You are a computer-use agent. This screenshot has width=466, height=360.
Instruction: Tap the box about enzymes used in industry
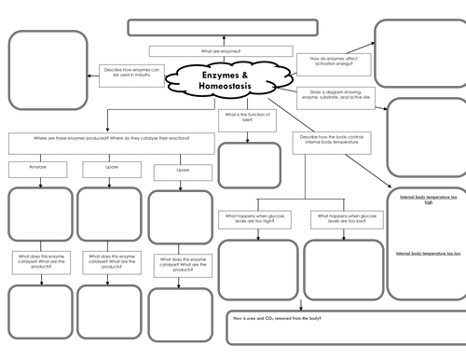point(132,73)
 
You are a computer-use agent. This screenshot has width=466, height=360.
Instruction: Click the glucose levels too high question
point(256,218)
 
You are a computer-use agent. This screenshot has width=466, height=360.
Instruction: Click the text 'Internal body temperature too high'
point(427,201)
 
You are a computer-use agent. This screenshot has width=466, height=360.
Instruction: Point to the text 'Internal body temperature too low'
point(427,254)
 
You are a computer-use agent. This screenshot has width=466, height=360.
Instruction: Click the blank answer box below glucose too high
point(256,270)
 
